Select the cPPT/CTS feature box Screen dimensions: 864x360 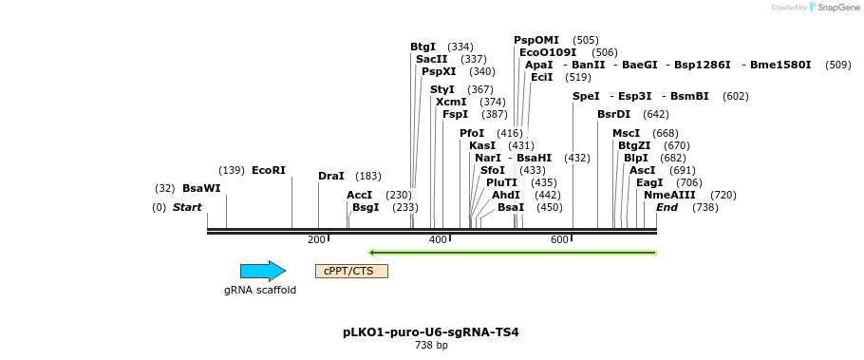coord(351,271)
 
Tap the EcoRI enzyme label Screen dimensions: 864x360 coord(269,170)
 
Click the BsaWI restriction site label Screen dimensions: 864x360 coord(201,188)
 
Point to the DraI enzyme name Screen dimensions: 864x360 coord(331,176)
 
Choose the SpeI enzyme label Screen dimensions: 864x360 coord(586,96)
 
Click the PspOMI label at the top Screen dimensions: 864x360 coord(536,40)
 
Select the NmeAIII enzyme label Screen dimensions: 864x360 coord(663,194)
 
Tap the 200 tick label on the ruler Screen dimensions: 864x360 coord(316,239)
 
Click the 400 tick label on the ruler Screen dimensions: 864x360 coord(438,239)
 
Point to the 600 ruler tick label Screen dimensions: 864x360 coord(559,239)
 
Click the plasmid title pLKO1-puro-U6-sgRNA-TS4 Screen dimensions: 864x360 coord(431,332)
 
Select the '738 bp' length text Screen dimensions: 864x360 coord(431,346)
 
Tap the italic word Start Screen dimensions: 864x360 coord(187,207)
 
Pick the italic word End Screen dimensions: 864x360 coord(667,207)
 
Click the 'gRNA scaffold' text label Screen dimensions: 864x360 coord(260,290)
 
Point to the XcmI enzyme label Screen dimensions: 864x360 coord(451,102)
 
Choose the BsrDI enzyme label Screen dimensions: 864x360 coord(613,114)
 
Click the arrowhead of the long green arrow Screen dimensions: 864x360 coord(373,253)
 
